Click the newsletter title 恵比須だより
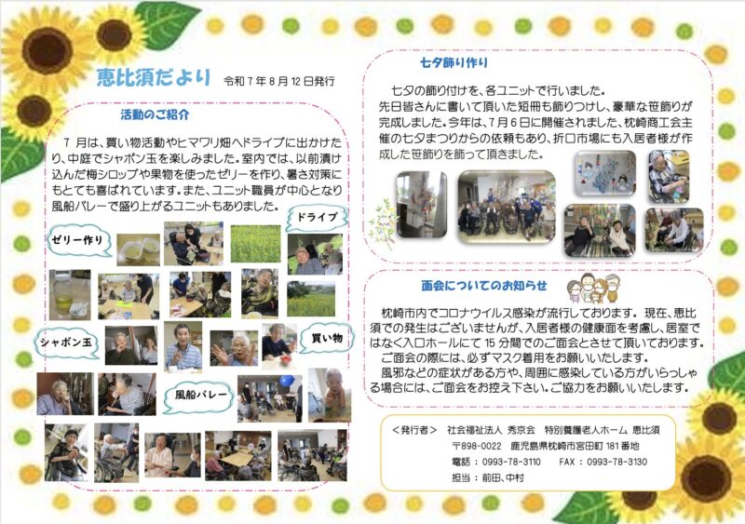(x=154, y=77)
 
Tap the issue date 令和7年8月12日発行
(x=279, y=82)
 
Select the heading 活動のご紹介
(x=155, y=114)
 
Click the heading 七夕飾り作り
(x=454, y=62)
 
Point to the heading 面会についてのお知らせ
(x=484, y=286)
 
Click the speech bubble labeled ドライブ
(x=317, y=218)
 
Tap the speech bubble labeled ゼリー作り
(x=79, y=241)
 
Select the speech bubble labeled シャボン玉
(x=66, y=343)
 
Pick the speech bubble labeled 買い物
(x=327, y=338)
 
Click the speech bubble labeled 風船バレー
(x=198, y=396)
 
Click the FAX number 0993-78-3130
(x=616, y=462)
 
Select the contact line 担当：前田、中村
(x=487, y=477)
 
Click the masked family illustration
(x=593, y=287)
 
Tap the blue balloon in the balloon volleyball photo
(x=287, y=381)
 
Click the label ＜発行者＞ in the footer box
(x=414, y=430)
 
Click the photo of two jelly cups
(x=138, y=249)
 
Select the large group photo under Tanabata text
(x=507, y=208)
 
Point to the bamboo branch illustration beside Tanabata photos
(x=383, y=223)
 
